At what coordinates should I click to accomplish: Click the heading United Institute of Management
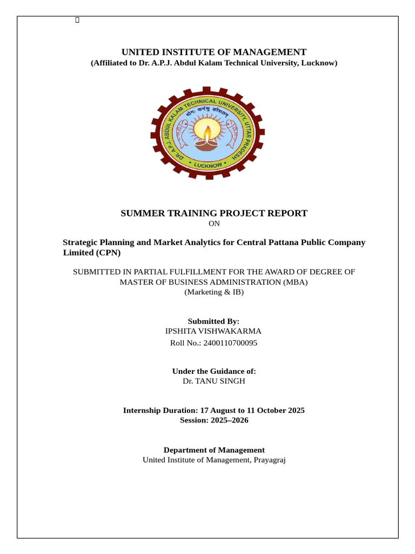[213, 52]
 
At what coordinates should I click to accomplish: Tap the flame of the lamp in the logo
[207, 130]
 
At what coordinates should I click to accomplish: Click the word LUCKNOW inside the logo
[208, 165]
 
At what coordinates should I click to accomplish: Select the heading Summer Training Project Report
[213, 213]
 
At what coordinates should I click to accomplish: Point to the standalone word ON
[214, 223]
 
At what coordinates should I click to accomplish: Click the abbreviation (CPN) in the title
[108, 253]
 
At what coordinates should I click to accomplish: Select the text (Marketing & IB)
[214, 292]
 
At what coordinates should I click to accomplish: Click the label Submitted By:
[213, 321]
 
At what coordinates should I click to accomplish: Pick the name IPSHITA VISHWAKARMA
[213, 331]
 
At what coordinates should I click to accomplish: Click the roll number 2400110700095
[230, 342]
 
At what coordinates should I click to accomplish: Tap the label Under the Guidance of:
[214, 371]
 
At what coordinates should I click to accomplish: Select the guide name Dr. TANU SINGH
[214, 381]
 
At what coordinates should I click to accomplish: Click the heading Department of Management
[214, 450]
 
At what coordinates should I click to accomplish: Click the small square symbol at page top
[77, 21]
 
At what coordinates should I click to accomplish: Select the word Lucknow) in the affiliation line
[319, 63]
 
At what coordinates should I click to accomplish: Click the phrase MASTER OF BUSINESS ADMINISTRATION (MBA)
[214, 282]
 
